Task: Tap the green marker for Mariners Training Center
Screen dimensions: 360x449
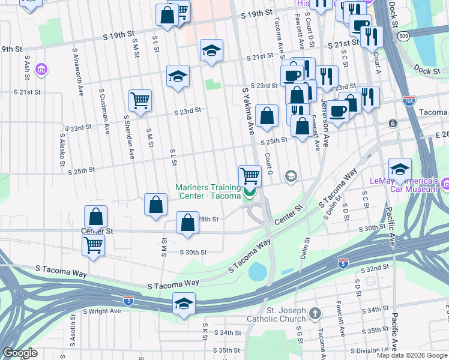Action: [x=250, y=193]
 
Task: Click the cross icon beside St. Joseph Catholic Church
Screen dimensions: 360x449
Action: [x=315, y=313]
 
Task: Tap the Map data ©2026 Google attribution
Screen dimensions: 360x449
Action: [x=412, y=355]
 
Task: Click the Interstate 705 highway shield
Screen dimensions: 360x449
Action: [x=409, y=101]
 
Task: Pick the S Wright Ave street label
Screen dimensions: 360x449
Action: [x=101, y=311]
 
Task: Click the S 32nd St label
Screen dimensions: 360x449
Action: [x=368, y=268]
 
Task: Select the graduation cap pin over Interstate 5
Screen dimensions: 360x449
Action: [x=184, y=303]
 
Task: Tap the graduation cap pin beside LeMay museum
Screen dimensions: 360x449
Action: [x=400, y=169]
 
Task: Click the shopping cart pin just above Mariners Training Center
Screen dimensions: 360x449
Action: [x=250, y=176]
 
